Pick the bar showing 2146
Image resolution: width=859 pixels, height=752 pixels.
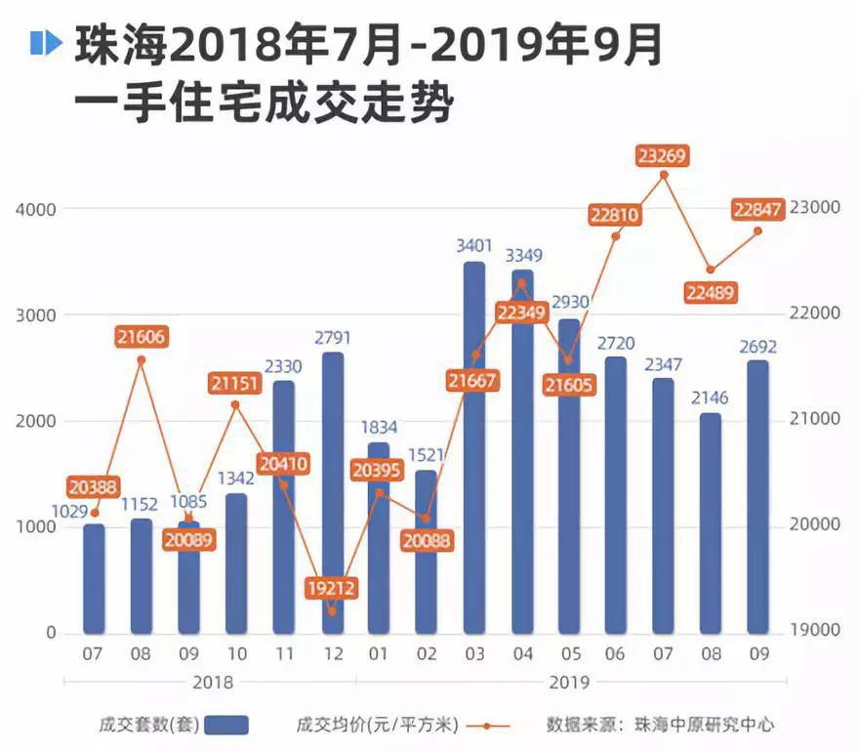[x=711, y=522]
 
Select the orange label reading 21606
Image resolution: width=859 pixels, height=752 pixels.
[x=141, y=337]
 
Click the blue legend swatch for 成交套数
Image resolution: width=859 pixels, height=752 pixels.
[x=226, y=725]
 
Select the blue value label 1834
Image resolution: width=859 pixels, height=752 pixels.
[x=380, y=427]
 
